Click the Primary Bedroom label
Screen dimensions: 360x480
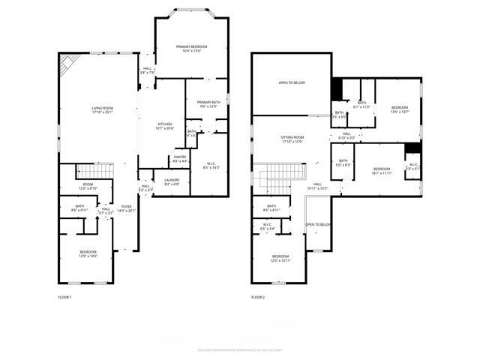[191, 47]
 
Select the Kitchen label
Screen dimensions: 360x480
[165, 124]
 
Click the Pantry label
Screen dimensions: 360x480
[180, 157]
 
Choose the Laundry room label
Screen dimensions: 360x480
[172, 180]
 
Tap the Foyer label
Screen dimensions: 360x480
[126, 206]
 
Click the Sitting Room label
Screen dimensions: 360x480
[292, 137]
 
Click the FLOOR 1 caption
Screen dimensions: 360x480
[66, 297]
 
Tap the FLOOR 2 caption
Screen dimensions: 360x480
[259, 297]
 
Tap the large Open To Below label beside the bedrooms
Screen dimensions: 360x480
[292, 82]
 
